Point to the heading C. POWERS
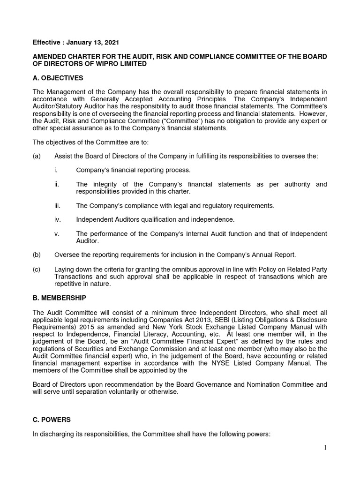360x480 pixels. tap(52, 420)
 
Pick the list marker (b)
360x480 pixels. tap(37, 255)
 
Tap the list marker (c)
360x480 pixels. tap(37, 269)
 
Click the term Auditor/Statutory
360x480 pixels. tap(60, 106)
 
